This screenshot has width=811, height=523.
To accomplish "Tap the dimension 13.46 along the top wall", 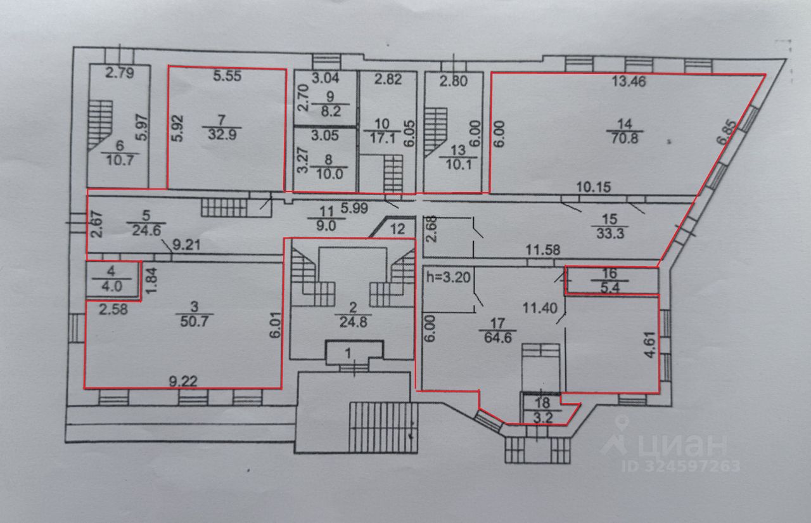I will [629, 81].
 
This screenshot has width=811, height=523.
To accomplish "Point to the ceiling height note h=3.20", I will [449, 277].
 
